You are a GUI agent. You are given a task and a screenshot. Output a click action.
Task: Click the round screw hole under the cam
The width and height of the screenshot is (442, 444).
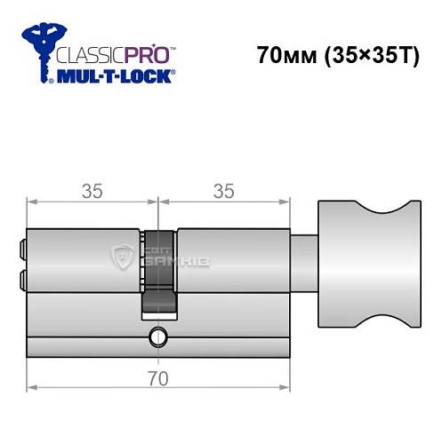click(158, 337)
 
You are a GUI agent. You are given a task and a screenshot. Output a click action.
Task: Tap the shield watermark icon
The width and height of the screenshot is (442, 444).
click(122, 258)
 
